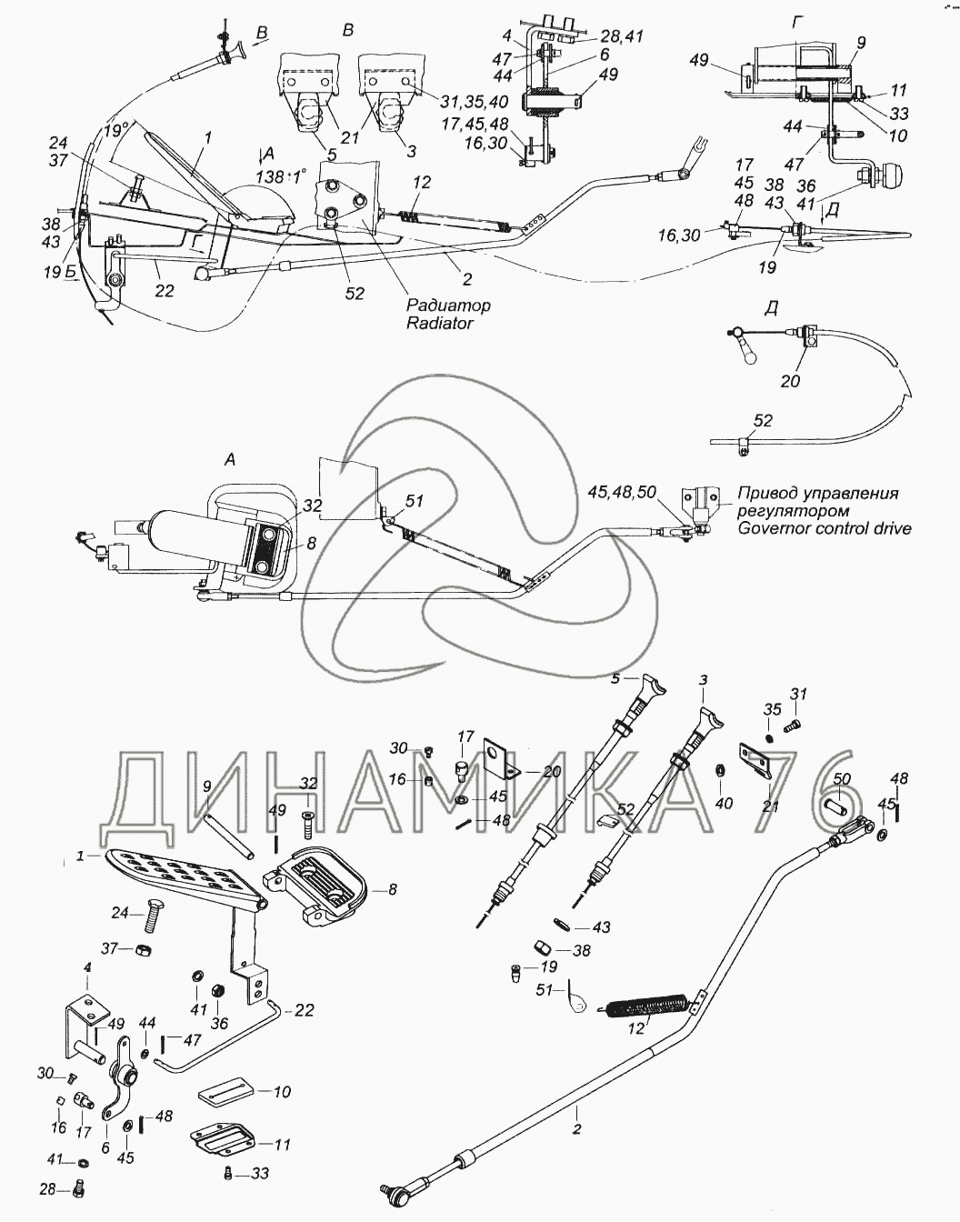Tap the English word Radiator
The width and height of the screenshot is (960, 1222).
tap(440, 323)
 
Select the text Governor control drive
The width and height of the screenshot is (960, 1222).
tap(824, 528)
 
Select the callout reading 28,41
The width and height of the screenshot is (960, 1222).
tap(622, 36)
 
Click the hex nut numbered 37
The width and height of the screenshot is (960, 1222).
tap(143, 950)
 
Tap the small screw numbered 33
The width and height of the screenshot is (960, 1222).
tap(226, 1174)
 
